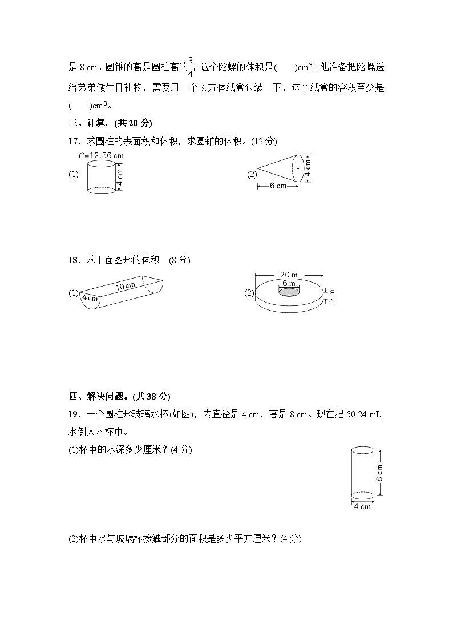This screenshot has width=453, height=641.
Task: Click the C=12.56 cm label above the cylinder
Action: coord(101,155)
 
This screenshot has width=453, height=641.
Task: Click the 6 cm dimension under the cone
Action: coord(278,186)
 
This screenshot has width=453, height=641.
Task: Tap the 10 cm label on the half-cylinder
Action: coord(126,286)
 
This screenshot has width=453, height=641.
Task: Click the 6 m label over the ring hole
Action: coord(289,283)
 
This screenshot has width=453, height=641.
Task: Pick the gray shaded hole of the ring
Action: coord(289,292)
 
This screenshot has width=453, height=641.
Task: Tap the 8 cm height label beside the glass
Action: coord(380,472)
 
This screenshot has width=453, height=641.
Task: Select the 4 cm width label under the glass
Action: coord(362,506)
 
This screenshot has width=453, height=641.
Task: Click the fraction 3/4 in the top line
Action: coord(191,66)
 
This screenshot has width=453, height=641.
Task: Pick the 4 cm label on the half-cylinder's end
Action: coord(90,298)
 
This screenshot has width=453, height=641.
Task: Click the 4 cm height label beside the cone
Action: coord(308,167)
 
